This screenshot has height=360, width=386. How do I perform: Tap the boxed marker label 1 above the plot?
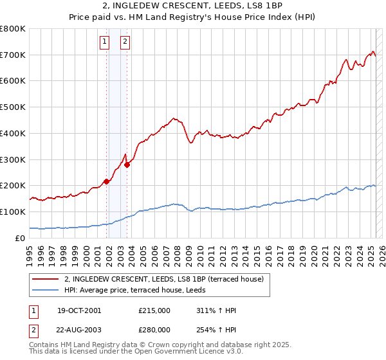(x=104, y=43)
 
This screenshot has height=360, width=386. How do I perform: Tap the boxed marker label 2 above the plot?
(x=124, y=43)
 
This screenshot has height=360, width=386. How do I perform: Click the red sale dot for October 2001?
(x=106, y=181)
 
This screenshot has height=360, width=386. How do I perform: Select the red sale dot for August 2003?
(x=127, y=165)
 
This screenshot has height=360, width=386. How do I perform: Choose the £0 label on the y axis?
(x=21, y=238)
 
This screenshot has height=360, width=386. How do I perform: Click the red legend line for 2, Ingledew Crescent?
(x=46, y=279)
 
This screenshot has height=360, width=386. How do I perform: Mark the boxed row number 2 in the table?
(x=33, y=329)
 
